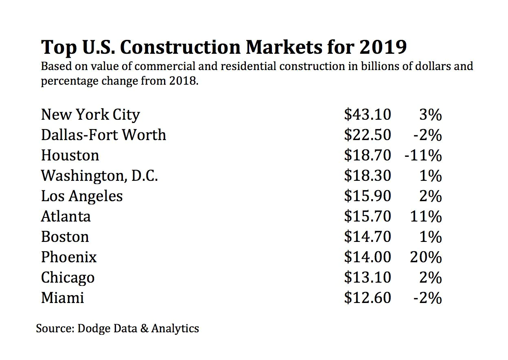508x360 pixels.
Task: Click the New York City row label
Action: (x=90, y=115)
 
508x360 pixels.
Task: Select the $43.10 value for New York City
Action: (x=367, y=115)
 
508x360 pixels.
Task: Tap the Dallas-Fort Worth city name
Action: (x=103, y=135)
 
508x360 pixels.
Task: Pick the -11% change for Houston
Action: (x=423, y=156)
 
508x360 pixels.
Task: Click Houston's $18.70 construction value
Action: (x=367, y=156)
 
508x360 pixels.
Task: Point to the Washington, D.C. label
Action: (x=99, y=176)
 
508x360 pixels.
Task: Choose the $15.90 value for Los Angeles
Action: (x=367, y=196)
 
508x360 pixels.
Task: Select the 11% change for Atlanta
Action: (x=425, y=217)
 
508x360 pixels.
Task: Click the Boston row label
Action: (x=65, y=237)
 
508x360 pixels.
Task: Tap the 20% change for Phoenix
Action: (x=425, y=257)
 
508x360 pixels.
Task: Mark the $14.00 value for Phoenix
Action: (x=367, y=257)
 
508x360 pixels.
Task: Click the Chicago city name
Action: (x=68, y=278)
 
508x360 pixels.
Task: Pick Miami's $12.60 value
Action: (x=367, y=298)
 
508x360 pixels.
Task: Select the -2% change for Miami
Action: (x=427, y=298)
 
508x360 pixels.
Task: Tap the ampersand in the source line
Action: (x=144, y=328)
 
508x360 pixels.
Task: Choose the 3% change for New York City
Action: (x=430, y=115)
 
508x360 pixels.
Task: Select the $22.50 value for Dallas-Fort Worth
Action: (x=367, y=135)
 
